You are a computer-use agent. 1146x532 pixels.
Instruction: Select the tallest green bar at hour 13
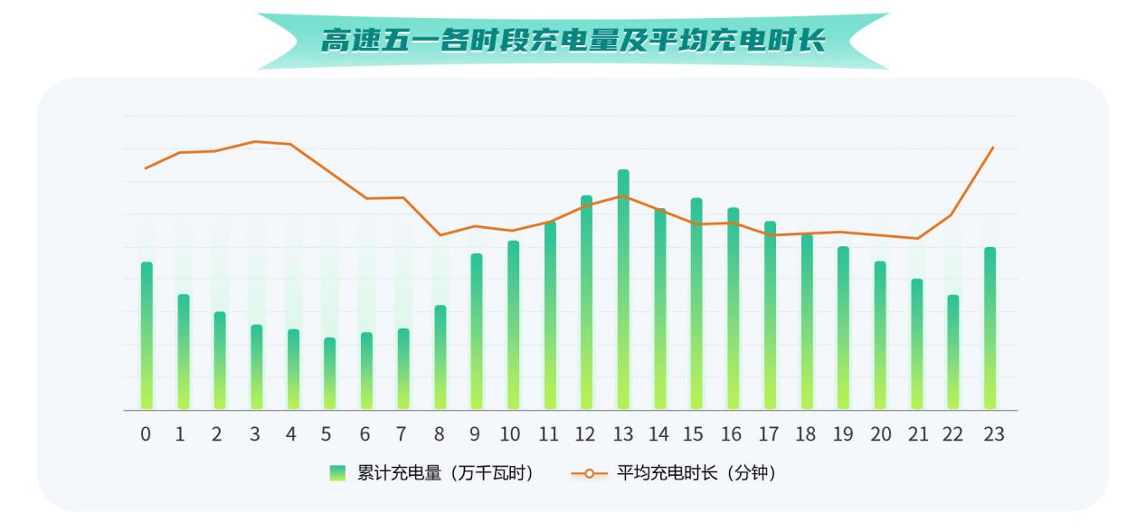coord(623,290)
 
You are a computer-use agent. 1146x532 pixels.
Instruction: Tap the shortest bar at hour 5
coord(330,373)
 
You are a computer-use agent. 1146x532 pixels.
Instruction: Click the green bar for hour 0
coord(147,335)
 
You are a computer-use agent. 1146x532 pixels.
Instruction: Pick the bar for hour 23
coord(990,328)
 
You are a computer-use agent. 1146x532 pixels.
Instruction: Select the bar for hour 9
coord(477,331)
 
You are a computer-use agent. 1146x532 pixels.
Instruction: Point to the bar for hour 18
coord(807,321)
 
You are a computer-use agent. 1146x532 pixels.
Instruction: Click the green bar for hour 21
coord(916,344)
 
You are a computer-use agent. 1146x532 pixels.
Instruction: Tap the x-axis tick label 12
coord(585,435)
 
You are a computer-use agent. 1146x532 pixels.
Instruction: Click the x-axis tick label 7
coord(403,435)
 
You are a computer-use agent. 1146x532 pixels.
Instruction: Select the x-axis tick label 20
coord(880,435)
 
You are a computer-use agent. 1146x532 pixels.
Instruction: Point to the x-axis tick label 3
coord(255,435)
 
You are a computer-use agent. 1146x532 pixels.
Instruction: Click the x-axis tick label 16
coord(732,435)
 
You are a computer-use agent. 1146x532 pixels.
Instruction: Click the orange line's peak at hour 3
coord(255,141)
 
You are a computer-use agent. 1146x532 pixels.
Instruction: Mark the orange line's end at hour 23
coord(993,147)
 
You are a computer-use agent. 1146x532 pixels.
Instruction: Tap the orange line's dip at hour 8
coord(440,235)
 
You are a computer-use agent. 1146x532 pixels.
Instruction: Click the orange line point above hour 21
coord(917,239)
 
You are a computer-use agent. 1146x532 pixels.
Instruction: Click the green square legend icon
coord(337,473)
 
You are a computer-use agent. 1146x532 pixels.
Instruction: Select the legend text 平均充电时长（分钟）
coord(696,473)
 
